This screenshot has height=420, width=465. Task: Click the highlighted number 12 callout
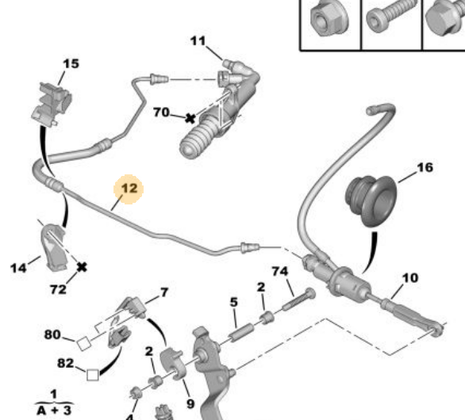coord(129,189)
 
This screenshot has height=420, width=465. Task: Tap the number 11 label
coord(198,41)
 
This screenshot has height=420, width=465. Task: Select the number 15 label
coord(71,63)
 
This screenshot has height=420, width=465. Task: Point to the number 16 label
coord(425,168)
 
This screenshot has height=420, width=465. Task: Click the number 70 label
coord(161,113)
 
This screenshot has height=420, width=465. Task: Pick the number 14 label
coord(18,268)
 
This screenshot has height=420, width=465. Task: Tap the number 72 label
coord(58,289)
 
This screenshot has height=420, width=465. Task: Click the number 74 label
coord(280,271)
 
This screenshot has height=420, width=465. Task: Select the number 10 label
coord(410,278)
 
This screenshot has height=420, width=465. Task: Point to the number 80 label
coord(52,334)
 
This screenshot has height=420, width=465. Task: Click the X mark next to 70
coord(190,119)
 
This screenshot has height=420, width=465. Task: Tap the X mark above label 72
coord(82,267)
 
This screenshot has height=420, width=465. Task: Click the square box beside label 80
coord(83,344)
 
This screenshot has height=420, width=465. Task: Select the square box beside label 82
coord(93,375)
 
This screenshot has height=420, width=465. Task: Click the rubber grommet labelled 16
coord(371,200)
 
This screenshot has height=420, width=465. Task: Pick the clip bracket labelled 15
coord(51,104)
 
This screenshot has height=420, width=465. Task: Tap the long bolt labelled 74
coord(298,300)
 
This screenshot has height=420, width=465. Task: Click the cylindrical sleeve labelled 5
coord(242,333)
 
